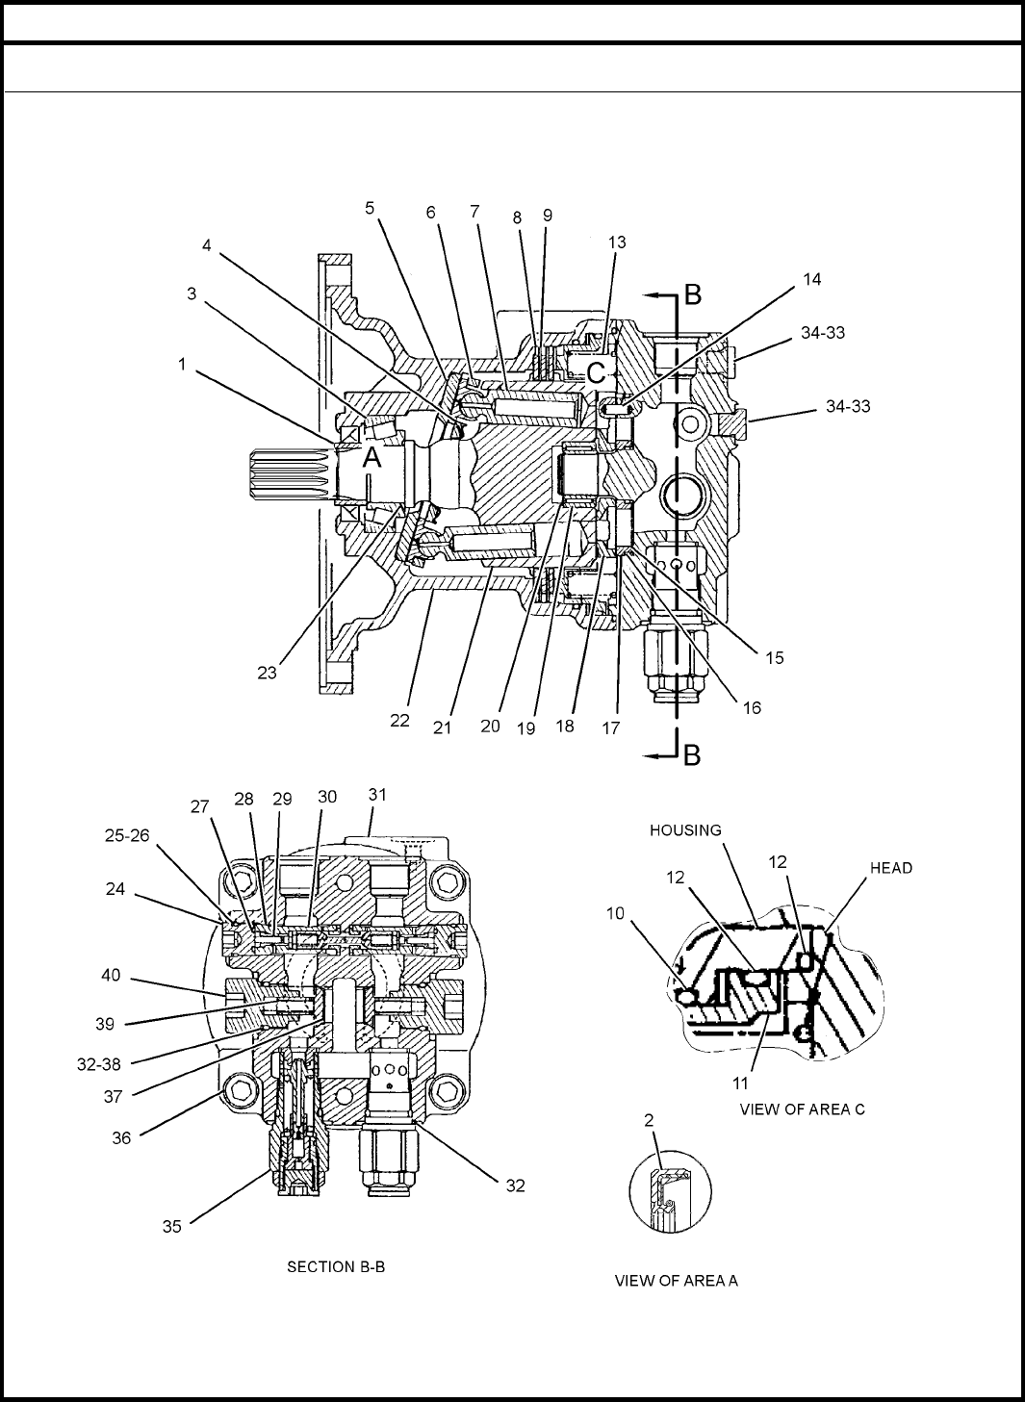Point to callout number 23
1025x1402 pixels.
pyautogui.click(x=267, y=672)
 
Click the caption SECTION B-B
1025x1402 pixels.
pyautogui.click(x=336, y=1266)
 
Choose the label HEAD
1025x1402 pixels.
pyautogui.click(x=891, y=867)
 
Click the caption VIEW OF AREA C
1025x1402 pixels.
pyautogui.click(x=802, y=1109)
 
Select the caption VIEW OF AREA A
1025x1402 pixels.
pyautogui.click(x=676, y=1280)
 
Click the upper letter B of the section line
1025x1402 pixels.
pyautogui.click(x=692, y=294)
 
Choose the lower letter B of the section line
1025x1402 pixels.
pyautogui.click(x=692, y=756)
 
